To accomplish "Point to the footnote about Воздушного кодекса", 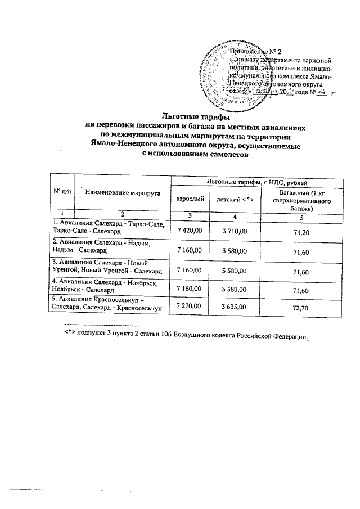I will (x=186, y=335).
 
